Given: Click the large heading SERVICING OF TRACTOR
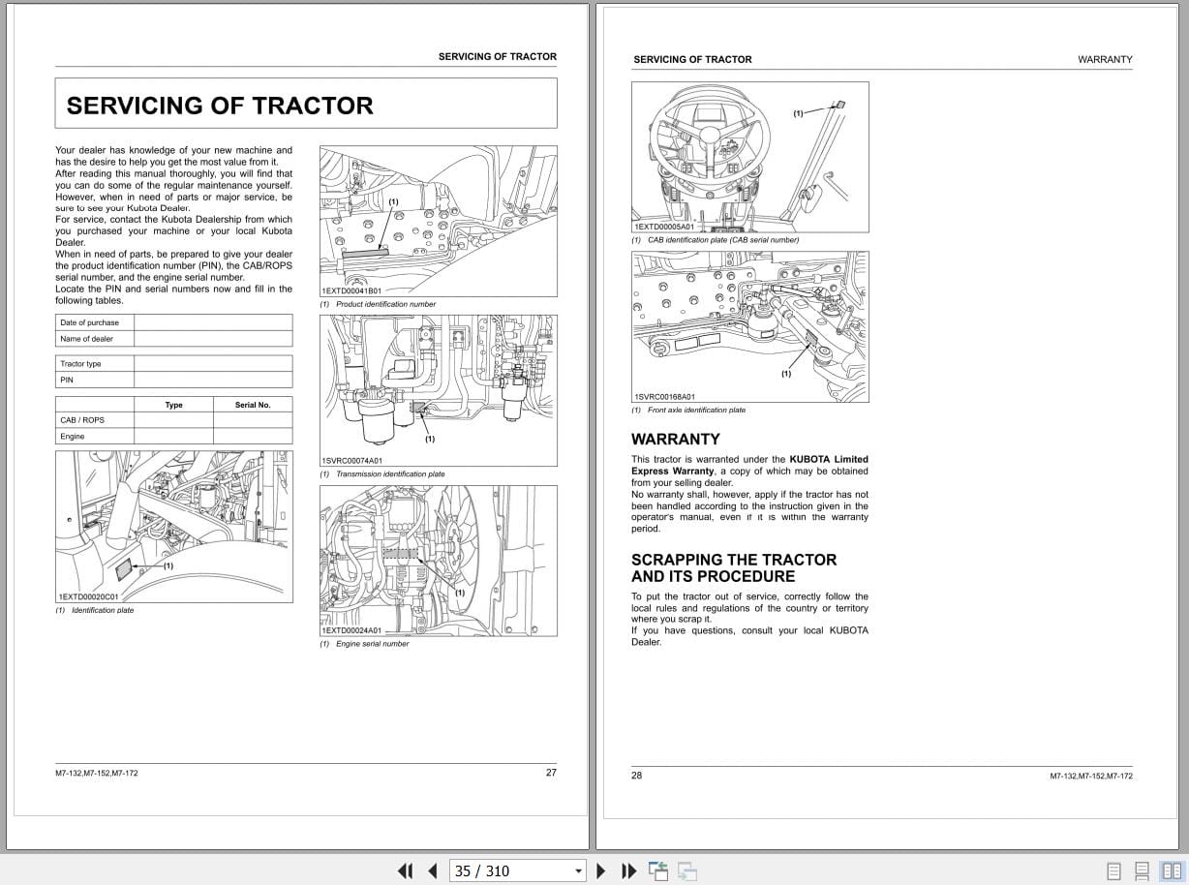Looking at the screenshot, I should (220, 106).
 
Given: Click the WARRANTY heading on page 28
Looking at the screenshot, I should (676, 439).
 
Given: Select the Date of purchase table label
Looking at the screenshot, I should (90, 322).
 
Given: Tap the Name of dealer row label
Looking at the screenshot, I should (87, 339).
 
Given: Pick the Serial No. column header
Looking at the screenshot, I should (253, 405).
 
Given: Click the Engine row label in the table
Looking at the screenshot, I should (73, 437).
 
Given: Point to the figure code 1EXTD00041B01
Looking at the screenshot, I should (351, 290).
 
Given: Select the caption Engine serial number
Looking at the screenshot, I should (372, 644).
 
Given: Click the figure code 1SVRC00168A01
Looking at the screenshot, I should (665, 397).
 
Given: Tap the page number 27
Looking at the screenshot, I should (551, 773).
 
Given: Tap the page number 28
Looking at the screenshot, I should (637, 775).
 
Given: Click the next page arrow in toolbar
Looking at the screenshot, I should (601, 870).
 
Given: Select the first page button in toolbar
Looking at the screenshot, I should (406, 870).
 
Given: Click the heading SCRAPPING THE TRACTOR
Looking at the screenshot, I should (734, 560).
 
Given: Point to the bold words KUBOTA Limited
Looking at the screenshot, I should (829, 459).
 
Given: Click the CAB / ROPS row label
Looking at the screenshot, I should (82, 420).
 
